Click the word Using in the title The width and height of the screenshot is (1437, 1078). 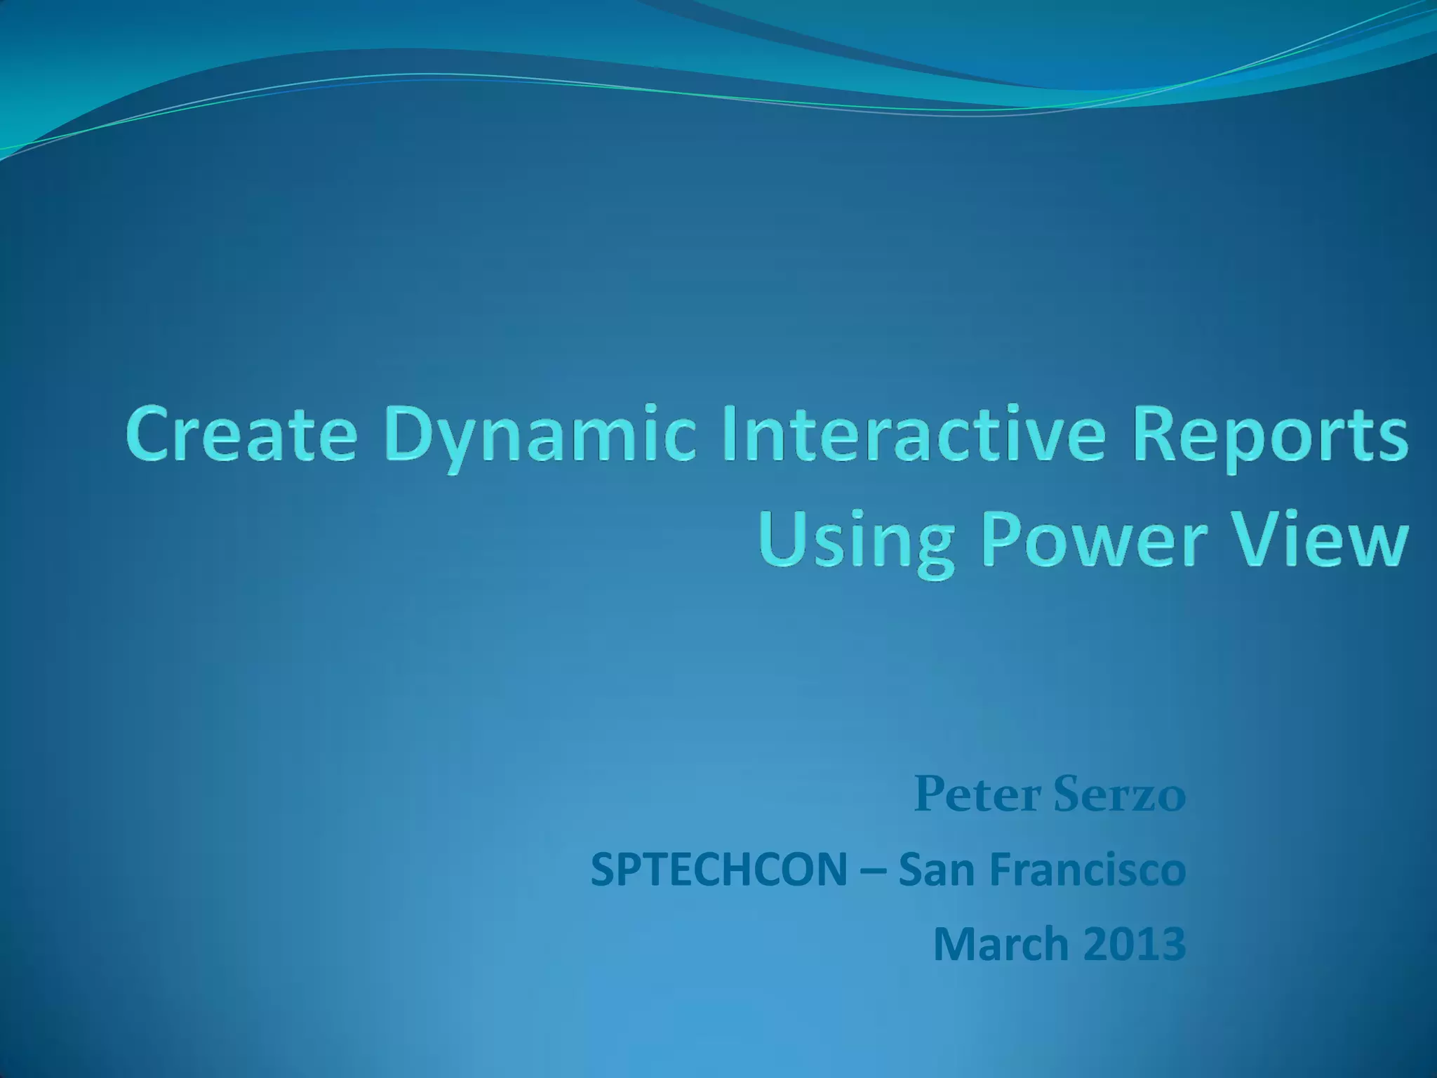(x=857, y=544)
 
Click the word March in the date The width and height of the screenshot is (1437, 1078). (x=1001, y=944)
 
